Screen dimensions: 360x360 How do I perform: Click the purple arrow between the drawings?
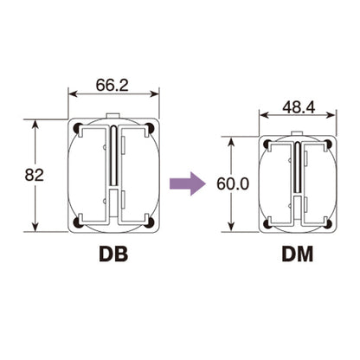[188, 183]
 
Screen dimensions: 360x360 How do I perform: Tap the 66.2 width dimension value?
[112, 85]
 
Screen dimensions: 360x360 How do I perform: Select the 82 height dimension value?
[34, 175]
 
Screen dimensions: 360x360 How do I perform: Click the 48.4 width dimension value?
[299, 107]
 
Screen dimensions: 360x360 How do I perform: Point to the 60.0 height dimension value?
[233, 183]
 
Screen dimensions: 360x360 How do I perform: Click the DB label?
[113, 254]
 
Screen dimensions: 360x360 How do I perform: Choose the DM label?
[298, 254]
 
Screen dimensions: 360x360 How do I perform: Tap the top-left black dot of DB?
[78, 128]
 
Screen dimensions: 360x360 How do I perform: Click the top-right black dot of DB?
[149, 128]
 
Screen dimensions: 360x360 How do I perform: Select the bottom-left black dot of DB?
[78, 222]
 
